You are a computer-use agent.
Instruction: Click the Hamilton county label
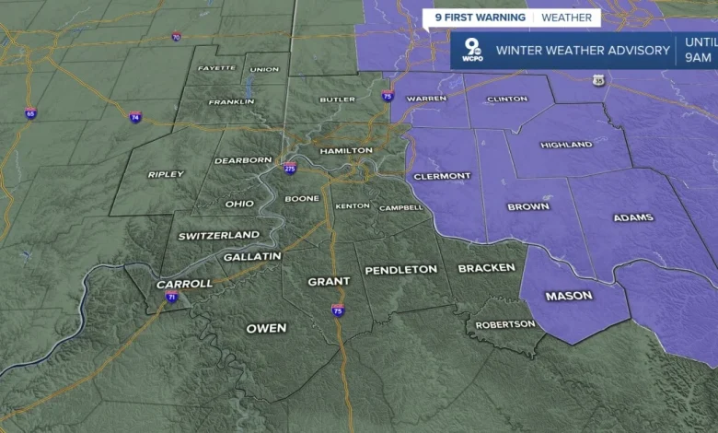(x=346, y=150)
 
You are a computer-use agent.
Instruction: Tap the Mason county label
(x=569, y=296)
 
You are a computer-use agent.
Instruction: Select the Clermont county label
(x=443, y=176)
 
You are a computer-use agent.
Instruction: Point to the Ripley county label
(x=166, y=174)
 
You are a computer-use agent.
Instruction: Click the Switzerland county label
(x=219, y=236)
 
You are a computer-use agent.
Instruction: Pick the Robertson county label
(x=504, y=324)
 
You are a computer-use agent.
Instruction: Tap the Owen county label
(x=266, y=328)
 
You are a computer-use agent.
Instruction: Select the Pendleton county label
(x=400, y=270)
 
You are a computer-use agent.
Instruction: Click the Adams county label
(x=632, y=218)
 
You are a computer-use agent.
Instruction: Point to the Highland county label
(x=566, y=145)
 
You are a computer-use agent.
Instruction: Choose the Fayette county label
(x=216, y=68)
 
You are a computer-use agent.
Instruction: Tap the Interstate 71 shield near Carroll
(x=172, y=297)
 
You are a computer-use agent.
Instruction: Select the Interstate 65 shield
(x=31, y=113)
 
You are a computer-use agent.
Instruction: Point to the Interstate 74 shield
(x=135, y=117)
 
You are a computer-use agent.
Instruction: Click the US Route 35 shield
(x=600, y=81)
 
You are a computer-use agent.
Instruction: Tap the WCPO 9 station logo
(x=471, y=51)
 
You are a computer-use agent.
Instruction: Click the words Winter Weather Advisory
(x=583, y=51)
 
